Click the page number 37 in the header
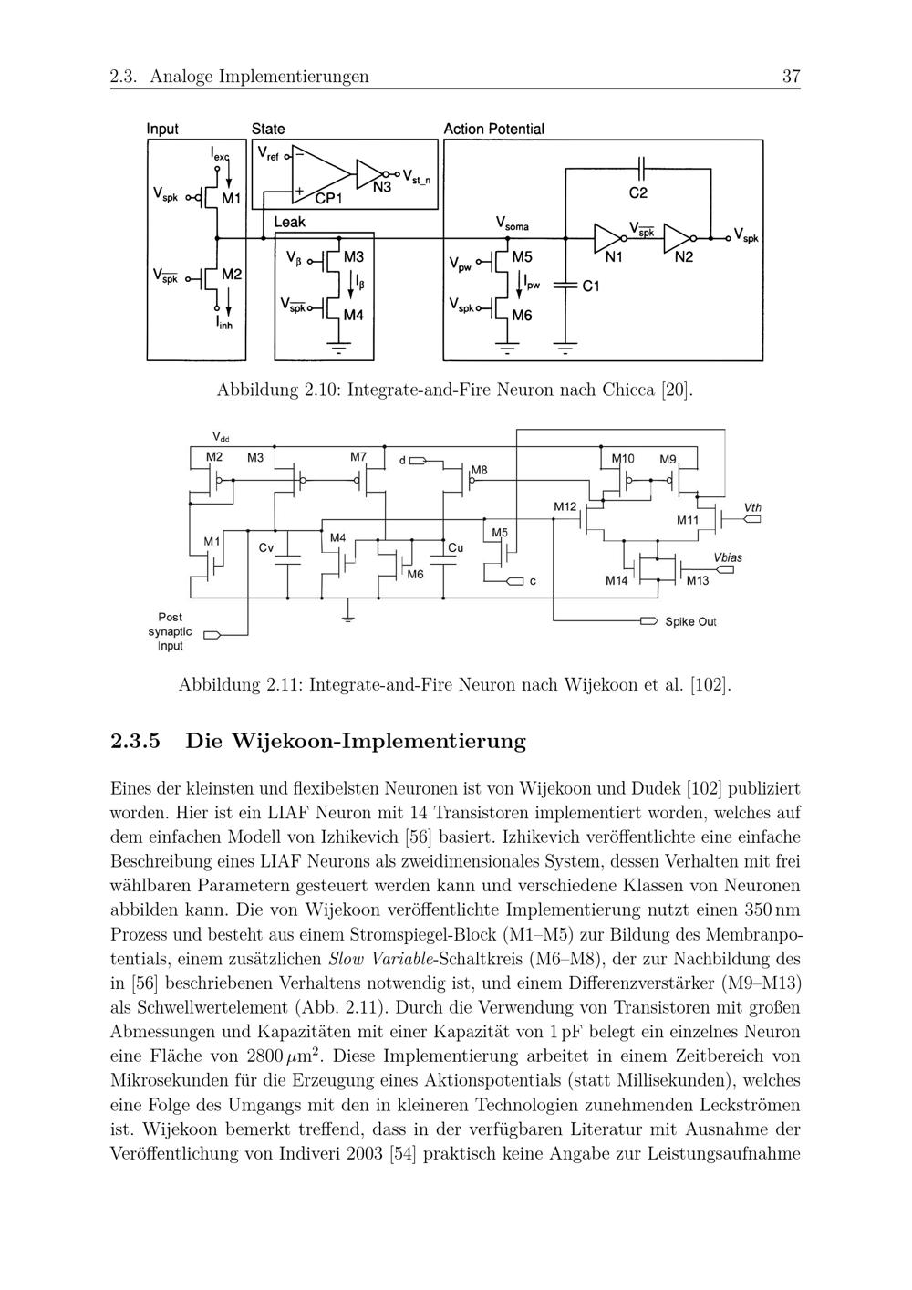[x=791, y=77]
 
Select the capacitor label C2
[x=637, y=193]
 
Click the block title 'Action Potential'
[x=493, y=130]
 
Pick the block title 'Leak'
[x=290, y=222]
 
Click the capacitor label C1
[x=591, y=286]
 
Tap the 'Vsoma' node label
[x=512, y=223]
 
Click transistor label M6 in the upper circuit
[x=522, y=316]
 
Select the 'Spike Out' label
[x=690, y=622]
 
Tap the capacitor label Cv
[x=265, y=548]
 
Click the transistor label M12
[x=565, y=506]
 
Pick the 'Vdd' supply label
[x=220, y=437]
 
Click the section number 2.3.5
[x=135, y=741]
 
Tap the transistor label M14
[x=617, y=580]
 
